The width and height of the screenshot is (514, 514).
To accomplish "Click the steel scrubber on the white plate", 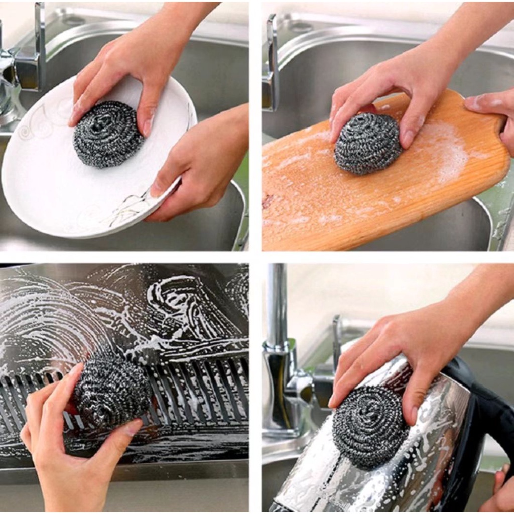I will pos(108,134).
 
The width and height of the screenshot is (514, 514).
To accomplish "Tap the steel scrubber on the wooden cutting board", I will pos(368,144).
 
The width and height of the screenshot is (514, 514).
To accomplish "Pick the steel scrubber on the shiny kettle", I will pos(369,427).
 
